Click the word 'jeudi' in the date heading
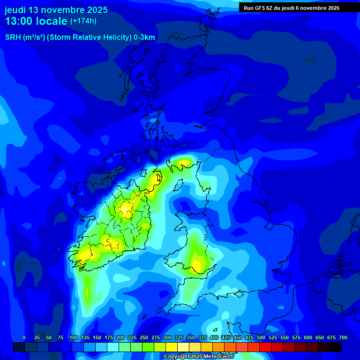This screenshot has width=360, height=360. tap(15, 10)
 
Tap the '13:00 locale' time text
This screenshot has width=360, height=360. tap(36, 22)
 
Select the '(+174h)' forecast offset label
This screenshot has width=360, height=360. tap(83, 21)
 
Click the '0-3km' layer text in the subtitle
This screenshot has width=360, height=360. tap(144, 37)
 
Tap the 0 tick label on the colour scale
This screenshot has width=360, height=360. tap(24, 337)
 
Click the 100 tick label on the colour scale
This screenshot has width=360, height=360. tap(74, 337)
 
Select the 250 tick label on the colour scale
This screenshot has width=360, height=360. tap(144, 337)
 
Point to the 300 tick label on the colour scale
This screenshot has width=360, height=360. tap(167, 337)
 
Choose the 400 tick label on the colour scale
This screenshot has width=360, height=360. tap(214, 337)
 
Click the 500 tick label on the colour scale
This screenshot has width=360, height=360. tap(261, 337)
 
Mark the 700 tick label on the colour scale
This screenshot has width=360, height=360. tap(343, 337)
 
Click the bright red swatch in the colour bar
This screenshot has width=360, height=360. tap(265, 347)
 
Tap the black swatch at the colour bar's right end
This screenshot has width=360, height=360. tap(336, 347)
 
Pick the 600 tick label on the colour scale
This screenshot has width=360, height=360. tap(308, 337)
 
